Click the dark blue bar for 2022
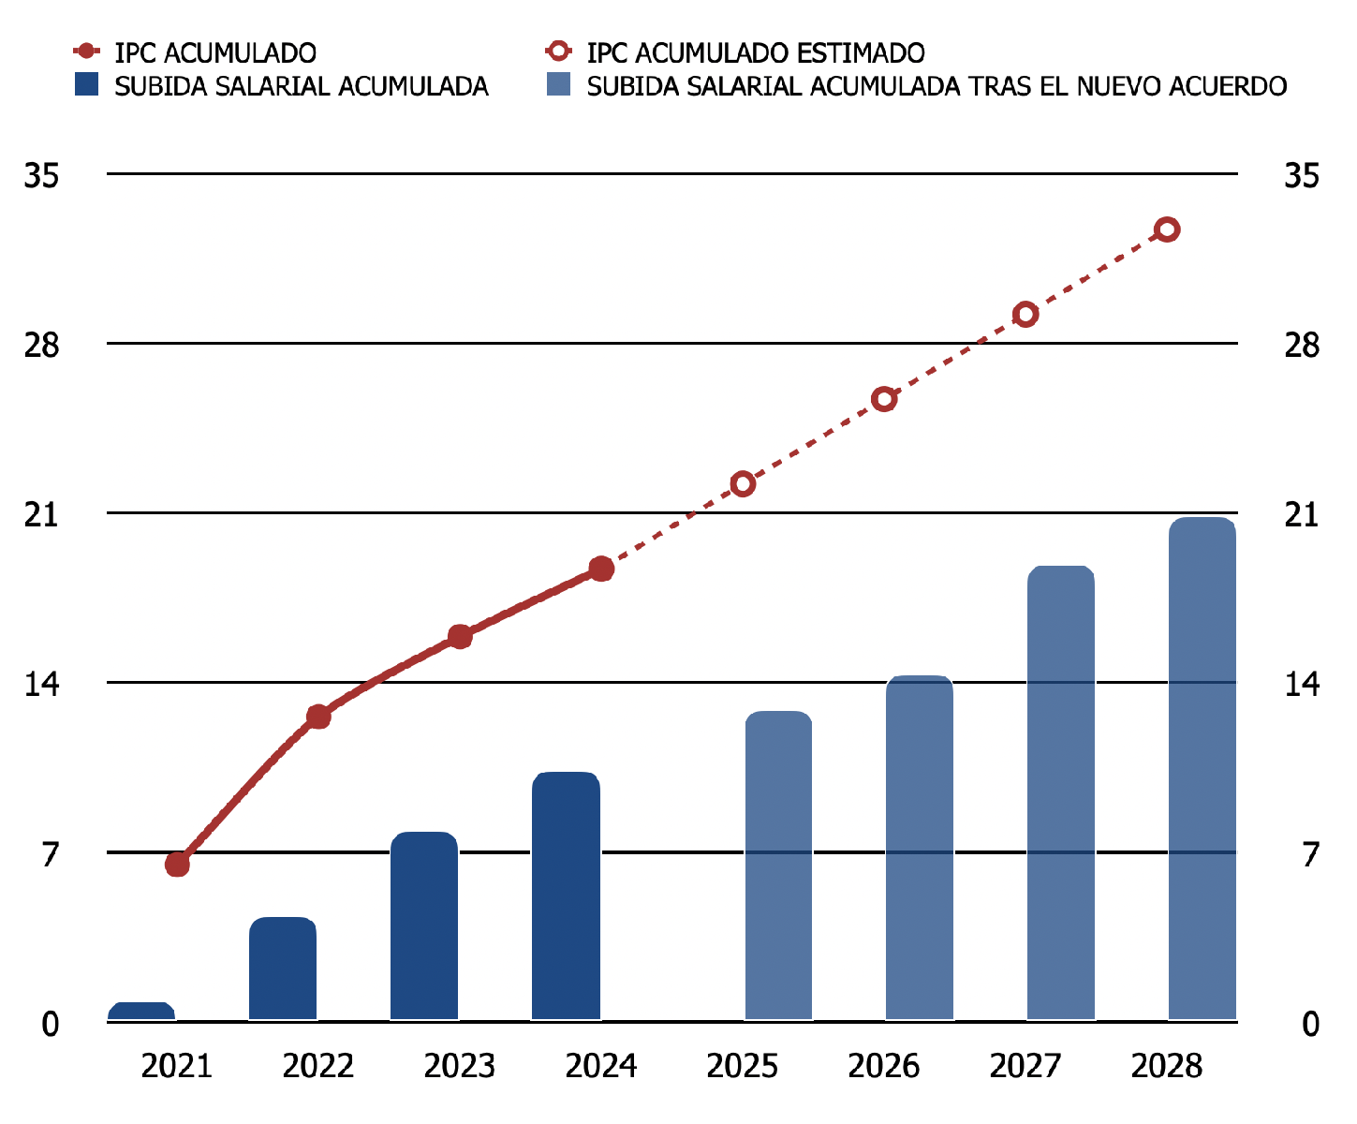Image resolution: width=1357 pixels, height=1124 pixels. tap(283, 969)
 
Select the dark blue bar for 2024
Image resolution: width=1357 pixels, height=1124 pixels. tap(566, 896)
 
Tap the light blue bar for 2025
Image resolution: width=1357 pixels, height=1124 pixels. tap(778, 865)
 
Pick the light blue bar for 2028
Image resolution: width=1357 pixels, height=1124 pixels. tap(1202, 768)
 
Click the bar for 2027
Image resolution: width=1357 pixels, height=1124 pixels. tap(1061, 792)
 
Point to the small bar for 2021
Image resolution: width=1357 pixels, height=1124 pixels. tap(141, 1011)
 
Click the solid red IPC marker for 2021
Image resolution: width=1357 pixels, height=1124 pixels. tap(177, 864)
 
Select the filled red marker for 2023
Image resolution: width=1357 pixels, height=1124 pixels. tap(460, 637)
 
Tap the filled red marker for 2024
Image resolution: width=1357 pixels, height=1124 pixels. tap(601, 569)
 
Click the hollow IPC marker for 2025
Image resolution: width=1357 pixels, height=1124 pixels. tap(743, 484)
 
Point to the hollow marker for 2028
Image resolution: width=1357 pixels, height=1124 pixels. tap(1167, 229)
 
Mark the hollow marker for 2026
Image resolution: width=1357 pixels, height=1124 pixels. tap(884, 399)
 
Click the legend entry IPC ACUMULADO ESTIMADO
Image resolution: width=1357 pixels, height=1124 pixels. tap(755, 52)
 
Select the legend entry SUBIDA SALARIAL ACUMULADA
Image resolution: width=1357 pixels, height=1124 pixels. tap(301, 86)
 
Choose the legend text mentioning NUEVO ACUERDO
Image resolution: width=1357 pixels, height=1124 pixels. tap(937, 86)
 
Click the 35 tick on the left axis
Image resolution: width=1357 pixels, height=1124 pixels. tap(41, 175)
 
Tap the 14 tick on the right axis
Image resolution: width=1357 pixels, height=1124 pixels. tap(1302, 684)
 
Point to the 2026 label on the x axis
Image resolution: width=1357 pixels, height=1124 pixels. tap(884, 1066)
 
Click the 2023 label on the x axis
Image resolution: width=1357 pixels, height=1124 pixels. tap(460, 1066)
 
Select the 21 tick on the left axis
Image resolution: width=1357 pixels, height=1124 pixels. tap(41, 514)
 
